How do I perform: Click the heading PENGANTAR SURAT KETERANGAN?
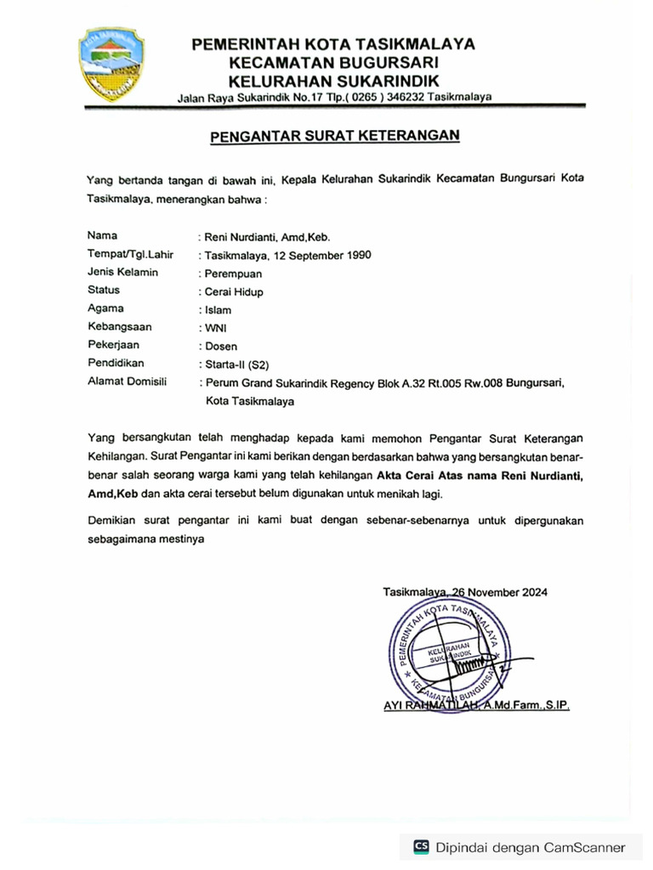pyautogui.click(x=334, y=135)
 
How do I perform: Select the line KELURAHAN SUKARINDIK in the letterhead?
pyautogui.click(x=333, y=80)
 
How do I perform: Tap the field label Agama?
pyautogui.click(x=105, y=308)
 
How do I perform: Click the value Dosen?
pyautogui.click(x=221, y=346)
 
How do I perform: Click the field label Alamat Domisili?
pyautogui.click(x=128, y=381)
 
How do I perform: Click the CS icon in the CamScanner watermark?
pyautogui.click(x=421, y=846)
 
